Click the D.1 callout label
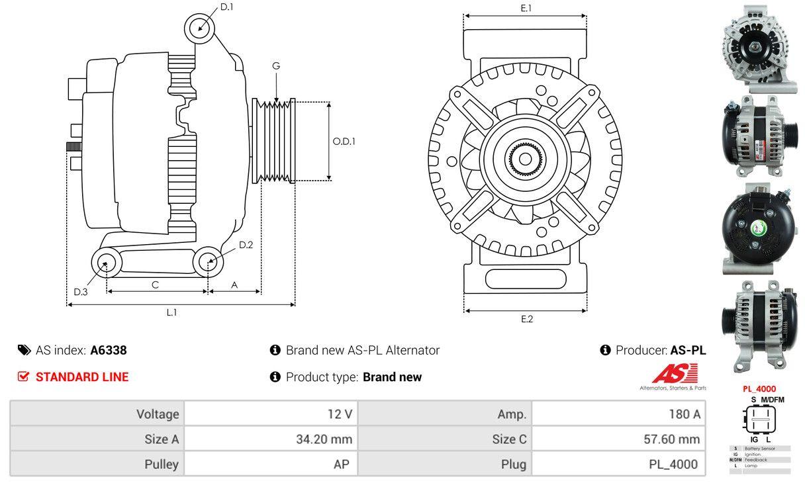click(x=226, y=7)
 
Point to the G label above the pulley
click(x=276, y=66)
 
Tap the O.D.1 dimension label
click(x=344, y=141)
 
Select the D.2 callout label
click(x=246, y=245)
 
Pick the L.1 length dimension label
click(x=171, y=312)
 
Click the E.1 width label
click(x=526, y=8)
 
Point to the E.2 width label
click(x=526, y=319)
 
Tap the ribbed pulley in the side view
click(x=274, y=141)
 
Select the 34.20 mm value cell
click(x=271, y=439)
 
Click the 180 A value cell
click(x=618, y=414)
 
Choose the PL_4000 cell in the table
click(x=618, y=464)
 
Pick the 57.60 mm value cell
click(x=618, y=439)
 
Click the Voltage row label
click(x=98, y=414)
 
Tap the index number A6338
click(x=109, y=350)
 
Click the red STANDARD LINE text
click(x=82, y=377)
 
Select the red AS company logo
click(x=675, y=375)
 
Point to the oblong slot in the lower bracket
click(x=526, y=279)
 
